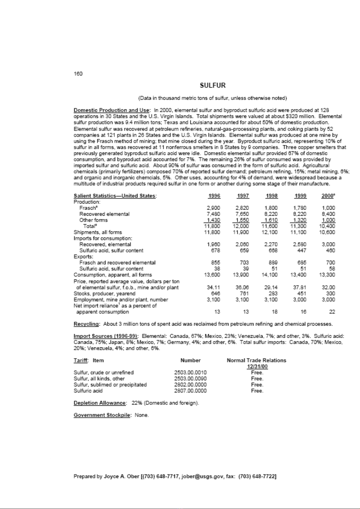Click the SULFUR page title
tap(213, 85)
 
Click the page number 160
tap(78, 74)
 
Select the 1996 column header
tap(214, 196)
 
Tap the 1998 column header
tap(271, 196)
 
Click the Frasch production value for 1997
tap(242, 208)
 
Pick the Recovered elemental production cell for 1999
tap(300, 214)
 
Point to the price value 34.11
tap(213, 288)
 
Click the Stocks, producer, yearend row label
tap(105, 294)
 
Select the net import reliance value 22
tap(332, 312)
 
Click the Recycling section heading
tap(86, 324)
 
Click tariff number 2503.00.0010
tap(190, 373)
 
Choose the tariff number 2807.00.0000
tap(190, 391)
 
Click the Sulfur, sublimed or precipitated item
tap(110, 385)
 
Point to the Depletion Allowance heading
tap(100, 403)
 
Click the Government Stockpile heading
tap(102, 415)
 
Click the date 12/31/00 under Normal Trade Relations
tap(257, 367)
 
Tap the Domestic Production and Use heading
tap(111, 110)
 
